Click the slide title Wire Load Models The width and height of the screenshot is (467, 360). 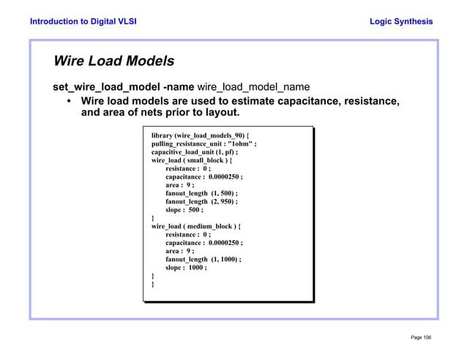(113, 61)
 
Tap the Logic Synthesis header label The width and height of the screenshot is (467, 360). (401, 21)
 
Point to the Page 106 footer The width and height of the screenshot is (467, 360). (421, 337)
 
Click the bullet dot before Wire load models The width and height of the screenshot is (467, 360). (69, 102)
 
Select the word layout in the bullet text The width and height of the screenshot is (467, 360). (221, 113)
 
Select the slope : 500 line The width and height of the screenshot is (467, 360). (184, 209)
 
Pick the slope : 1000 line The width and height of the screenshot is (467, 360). (186, 267)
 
